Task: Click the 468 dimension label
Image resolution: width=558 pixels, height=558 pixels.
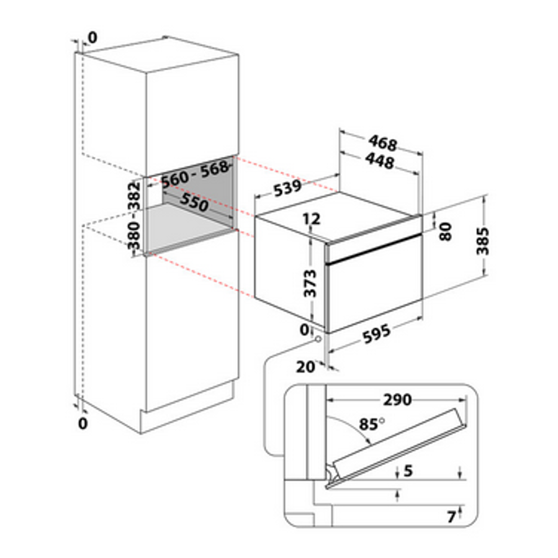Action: (383, 142)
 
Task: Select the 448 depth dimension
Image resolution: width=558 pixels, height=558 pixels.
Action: (380, 161)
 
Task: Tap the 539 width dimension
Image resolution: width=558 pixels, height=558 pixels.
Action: (287, 188)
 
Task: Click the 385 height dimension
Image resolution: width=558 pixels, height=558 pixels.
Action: (483, 241)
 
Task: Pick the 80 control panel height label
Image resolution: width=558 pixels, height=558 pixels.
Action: (445, 232)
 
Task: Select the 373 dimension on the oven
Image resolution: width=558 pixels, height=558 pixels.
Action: (311, 283)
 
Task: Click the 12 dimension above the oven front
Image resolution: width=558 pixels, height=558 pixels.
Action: (312, 218)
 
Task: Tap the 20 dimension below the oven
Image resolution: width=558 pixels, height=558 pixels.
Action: (306, 367)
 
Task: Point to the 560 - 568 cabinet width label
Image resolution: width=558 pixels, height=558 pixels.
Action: (195, 174)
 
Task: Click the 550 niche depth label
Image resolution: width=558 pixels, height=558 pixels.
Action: (194, 202)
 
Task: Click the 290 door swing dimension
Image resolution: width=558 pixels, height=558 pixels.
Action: (397, 400)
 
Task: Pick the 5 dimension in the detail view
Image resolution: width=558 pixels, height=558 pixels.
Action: (408, 471)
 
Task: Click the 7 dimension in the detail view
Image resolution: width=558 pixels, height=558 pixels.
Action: (452, 516)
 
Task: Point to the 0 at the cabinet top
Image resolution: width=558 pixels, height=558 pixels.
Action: (92, 37)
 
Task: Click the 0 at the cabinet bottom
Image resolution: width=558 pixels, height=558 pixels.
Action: (83, 423)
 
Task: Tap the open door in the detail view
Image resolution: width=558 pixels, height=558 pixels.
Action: (397, 449)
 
